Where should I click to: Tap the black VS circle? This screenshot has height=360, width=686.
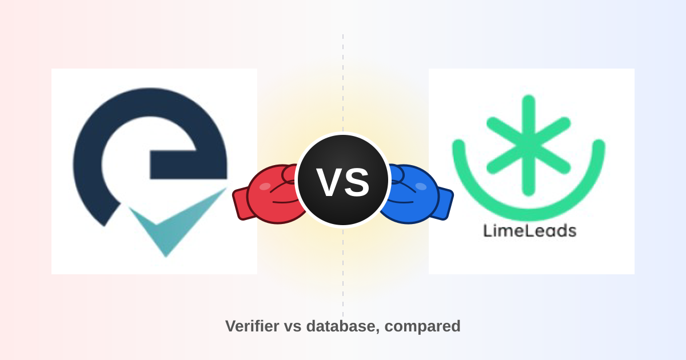(x=343, y=180)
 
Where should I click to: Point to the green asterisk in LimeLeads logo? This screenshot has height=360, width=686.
(x=529, y=145)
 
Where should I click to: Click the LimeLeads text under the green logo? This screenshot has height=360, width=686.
(x=530, y=231)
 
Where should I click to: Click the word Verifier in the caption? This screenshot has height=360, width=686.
(x=252, y=326)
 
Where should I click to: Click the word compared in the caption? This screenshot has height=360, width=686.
(x=422, y=327)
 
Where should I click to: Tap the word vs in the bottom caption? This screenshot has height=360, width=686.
(x=293, y=327)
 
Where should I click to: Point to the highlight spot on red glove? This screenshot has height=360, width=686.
(x=265, y=186)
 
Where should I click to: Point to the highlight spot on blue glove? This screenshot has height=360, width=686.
(x=421, y=186)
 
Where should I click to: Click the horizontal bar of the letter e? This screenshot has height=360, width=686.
(x=188, y=165)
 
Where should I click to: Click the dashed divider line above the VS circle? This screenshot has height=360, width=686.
(x=343, y=83)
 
